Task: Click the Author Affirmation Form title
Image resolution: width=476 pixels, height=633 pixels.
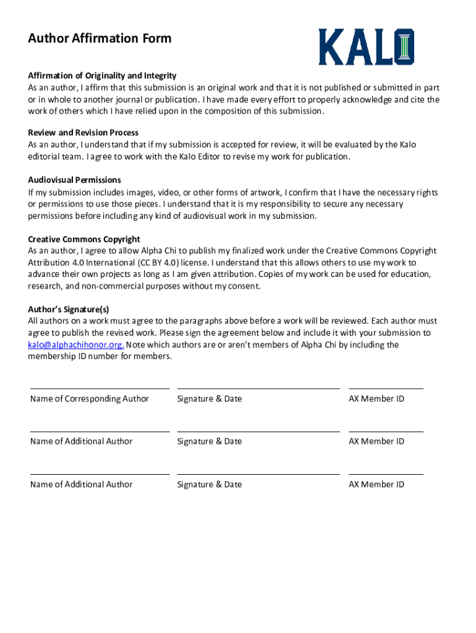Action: [x=100, y=39]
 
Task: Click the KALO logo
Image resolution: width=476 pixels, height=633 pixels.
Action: [x=366, y=47]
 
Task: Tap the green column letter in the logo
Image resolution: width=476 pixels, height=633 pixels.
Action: [x=405, y=47]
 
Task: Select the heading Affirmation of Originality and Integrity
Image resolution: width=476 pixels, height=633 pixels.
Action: [x=102, y=75]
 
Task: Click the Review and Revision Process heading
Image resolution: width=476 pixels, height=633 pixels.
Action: [x=83, y=132]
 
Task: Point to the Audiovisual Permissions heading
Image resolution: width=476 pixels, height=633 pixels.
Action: [x=74, y=180]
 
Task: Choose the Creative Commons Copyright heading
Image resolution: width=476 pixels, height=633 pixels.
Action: [x=84, y=239]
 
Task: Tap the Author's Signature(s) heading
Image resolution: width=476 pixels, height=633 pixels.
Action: [x=69, y=309]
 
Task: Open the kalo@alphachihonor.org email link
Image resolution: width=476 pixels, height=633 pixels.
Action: [x=75, y=345]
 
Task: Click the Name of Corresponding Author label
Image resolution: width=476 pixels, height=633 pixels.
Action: [x=90, y=399]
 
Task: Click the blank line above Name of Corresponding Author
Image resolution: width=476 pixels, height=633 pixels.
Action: [x=100, y=389]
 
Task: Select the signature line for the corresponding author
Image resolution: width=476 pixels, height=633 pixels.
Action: [x=258, y=389]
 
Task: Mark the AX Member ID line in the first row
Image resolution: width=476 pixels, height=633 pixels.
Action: [x=386, y=389]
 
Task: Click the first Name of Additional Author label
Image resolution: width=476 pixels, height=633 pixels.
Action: [x=82, y=441]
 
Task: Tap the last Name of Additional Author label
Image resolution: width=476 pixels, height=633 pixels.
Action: [x=82, y=485]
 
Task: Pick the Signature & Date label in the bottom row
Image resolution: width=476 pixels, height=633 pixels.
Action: [x=210, y=485]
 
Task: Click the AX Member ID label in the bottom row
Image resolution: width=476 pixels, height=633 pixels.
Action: [x=376, y=485]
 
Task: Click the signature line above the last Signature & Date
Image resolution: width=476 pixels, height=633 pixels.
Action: [x=258, y=475]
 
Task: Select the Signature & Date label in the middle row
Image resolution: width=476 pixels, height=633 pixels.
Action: [x=210, y=441]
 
